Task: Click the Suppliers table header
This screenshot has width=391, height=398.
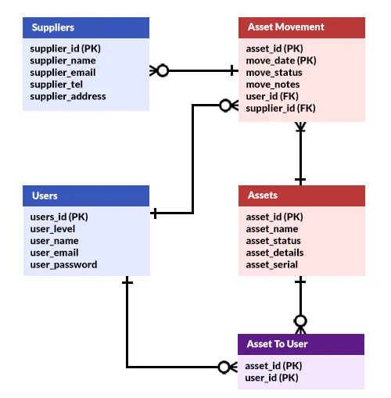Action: [x=86, y=27]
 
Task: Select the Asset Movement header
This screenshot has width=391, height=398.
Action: [x=301, y=27]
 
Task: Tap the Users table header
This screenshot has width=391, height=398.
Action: [x=86, y=195]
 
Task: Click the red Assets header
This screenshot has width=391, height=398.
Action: [x=301, y=195]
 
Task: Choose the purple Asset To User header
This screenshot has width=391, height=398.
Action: [x=301, y=344]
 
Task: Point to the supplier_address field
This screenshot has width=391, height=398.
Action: [x=68, y=96]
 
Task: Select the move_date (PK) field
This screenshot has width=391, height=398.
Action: [x=281, y=60]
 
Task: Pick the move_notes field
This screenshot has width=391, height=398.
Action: [x=274, y=84]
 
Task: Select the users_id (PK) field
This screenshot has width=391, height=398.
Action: [x=59, y=217]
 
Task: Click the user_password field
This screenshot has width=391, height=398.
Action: [x=63, y=264]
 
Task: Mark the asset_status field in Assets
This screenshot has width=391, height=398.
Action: [x=274, y=241]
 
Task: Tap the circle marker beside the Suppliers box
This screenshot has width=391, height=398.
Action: [x=162, y=70]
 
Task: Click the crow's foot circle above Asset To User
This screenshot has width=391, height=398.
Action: [x=300, y=321]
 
